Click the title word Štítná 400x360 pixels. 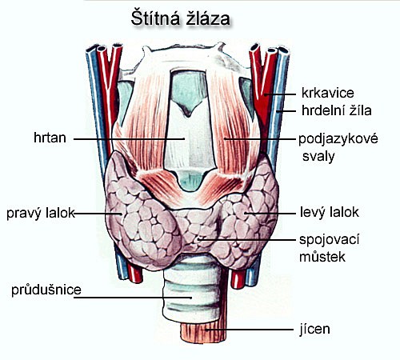(x=155, y=18)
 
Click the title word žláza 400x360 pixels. (x=208, y=18)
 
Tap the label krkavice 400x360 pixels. (x=328, y=93)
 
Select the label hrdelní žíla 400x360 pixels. (x=337, y=110)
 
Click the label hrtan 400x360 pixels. (x=50, y=138)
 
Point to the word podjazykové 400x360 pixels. (x=338, y=139)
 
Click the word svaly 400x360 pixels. (x=318, y=157)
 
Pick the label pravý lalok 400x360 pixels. (x=41, y=213)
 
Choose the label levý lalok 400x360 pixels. (x=330, y=212)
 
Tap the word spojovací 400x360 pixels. (x=330, y=240)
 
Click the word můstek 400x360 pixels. (x=322, y=257)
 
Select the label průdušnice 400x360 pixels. (x=46, y=290)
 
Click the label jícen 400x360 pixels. (x=314, y=329)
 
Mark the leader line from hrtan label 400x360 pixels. (x=129, y=138)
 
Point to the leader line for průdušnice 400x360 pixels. (x=133, y=298)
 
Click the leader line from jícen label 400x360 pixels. (x=250, y=330)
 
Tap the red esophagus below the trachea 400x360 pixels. (x=203, y=332)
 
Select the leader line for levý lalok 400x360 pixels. (x=270, y=213)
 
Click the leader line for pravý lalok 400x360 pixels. (x=98, y=214)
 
